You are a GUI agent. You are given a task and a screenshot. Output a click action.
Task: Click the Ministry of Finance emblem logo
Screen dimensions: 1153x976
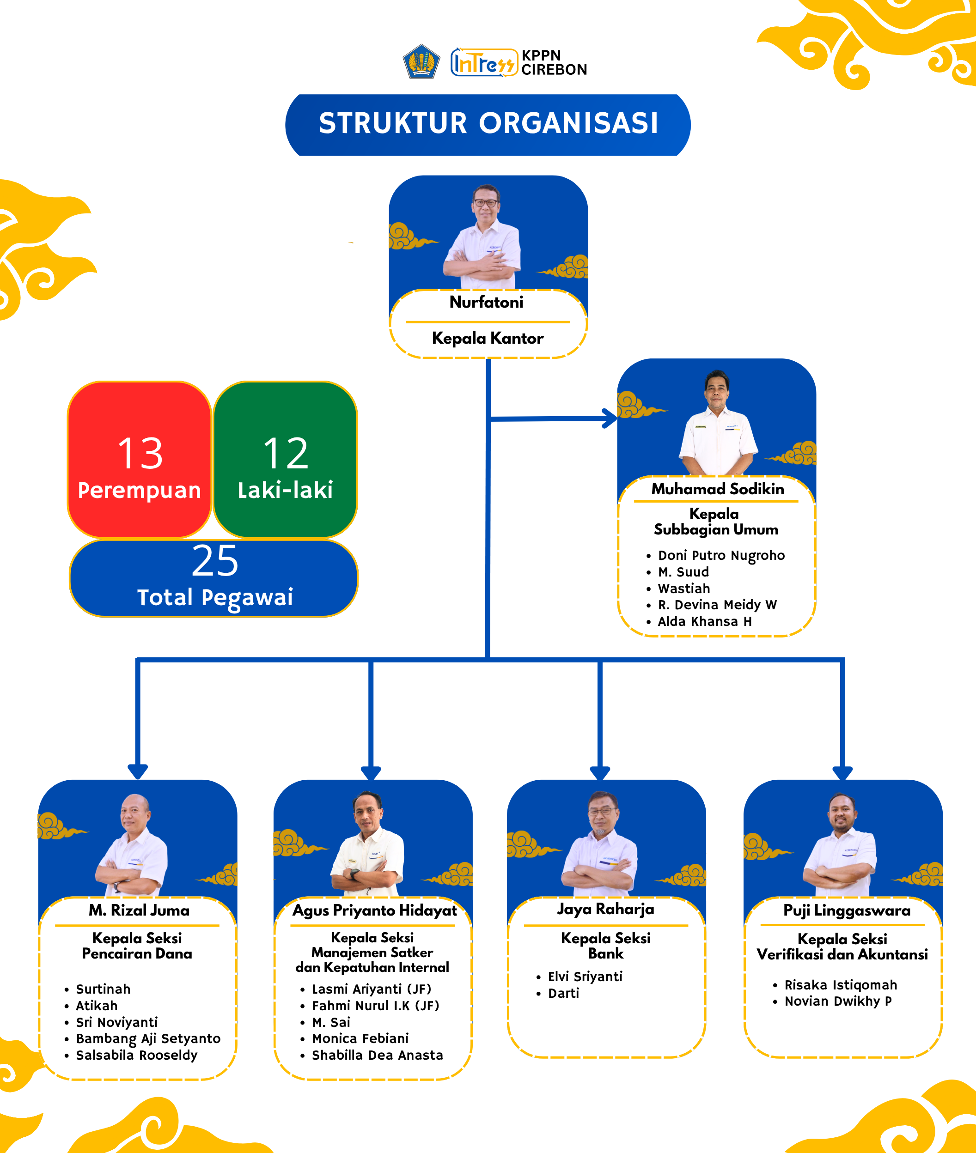coord(421,61)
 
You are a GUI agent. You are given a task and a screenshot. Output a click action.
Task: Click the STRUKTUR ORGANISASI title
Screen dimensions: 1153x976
coord(488,123)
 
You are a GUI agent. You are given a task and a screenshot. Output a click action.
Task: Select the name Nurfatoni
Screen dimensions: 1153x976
coord(486,303)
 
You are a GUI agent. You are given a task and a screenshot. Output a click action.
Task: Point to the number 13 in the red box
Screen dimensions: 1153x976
coord(140,454)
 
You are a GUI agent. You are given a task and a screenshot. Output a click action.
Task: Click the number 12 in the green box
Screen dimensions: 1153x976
coord(286,454)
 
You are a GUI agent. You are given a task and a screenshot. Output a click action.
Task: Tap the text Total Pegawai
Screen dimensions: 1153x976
coord(215,597)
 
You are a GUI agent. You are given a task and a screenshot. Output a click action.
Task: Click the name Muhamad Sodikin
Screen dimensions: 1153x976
coord(718,489)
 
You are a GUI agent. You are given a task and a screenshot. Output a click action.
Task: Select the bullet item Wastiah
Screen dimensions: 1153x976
coord(684,589)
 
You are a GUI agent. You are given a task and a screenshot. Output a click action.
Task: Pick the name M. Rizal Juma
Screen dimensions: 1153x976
coord(139,910)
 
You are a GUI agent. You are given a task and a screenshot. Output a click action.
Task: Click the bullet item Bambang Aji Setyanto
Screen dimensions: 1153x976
coord(148,1038)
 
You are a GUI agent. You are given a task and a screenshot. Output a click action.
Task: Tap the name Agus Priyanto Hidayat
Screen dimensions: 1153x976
coord(375,910)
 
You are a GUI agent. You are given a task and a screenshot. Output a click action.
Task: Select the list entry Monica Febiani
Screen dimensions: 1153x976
coord(360,1038)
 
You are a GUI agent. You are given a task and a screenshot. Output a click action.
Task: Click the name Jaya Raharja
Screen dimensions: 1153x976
coord(605,909)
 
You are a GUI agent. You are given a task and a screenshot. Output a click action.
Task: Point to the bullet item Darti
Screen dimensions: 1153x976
coord(563,993)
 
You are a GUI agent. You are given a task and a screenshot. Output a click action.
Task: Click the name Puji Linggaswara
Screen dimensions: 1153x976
coord(847,910)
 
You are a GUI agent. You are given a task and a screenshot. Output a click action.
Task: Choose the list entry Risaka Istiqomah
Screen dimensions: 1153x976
coord(841,985)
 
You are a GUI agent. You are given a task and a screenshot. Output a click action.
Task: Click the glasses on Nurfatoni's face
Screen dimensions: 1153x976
coord(485,203)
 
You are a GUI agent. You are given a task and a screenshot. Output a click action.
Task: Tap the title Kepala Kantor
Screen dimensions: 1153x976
coord(488,338)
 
